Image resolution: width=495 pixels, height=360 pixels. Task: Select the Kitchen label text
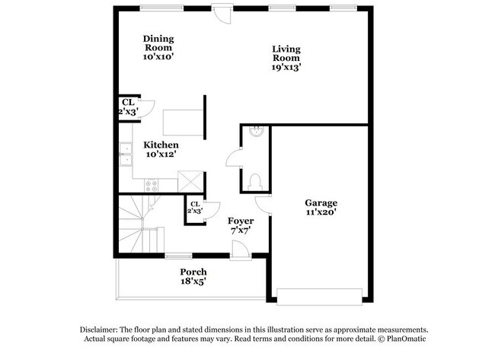coord(162,145)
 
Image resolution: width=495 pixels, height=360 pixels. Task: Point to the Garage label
coord(321,202)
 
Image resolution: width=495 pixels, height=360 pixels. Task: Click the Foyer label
coord(241,221)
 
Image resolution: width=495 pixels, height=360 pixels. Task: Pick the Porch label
coord(193,272)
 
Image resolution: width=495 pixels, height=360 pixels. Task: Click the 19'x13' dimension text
coord(286,67)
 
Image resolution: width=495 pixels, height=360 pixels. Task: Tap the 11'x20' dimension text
coord(321,214)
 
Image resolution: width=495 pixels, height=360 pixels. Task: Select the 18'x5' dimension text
coord(193,282)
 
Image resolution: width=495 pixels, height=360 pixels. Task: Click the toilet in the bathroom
coord(254,181)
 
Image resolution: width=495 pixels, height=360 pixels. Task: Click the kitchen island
coord(183,122)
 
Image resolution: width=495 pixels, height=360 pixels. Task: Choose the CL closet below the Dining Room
coord(128,107)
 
